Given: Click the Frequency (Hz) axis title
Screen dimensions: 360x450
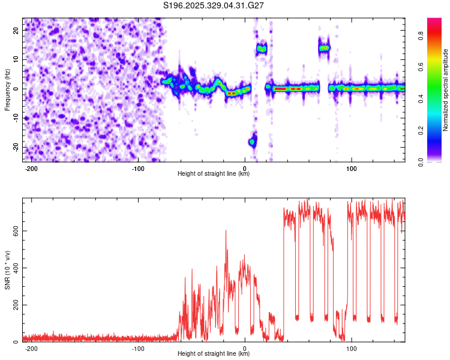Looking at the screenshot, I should point(7,89).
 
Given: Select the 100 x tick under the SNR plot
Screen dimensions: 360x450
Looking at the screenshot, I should point(352,348).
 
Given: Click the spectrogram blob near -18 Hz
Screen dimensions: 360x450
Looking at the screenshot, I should point(253,142).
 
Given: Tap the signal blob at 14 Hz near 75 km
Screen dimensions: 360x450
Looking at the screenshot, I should point(324,47).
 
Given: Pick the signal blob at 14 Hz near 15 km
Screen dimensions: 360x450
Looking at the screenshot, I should point(261,49).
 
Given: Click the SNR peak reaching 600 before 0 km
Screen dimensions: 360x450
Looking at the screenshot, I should point(226,231).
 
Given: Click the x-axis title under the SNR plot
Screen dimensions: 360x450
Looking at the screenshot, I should point(214,354).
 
